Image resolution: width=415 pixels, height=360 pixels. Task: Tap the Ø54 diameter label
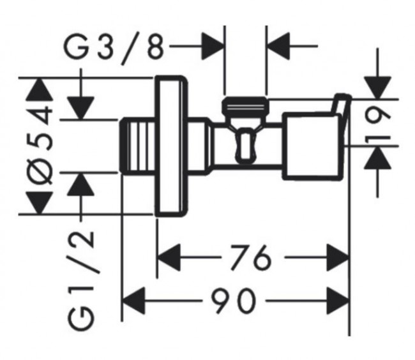(40, 144)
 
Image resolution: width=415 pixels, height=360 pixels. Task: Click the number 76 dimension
(251, 257)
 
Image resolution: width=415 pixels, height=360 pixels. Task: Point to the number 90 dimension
(234, 301)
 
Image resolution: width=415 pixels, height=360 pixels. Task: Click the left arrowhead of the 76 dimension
(169, 257)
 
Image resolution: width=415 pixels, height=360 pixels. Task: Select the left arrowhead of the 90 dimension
(133, 301)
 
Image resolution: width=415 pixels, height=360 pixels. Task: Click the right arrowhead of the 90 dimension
(338, 301)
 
